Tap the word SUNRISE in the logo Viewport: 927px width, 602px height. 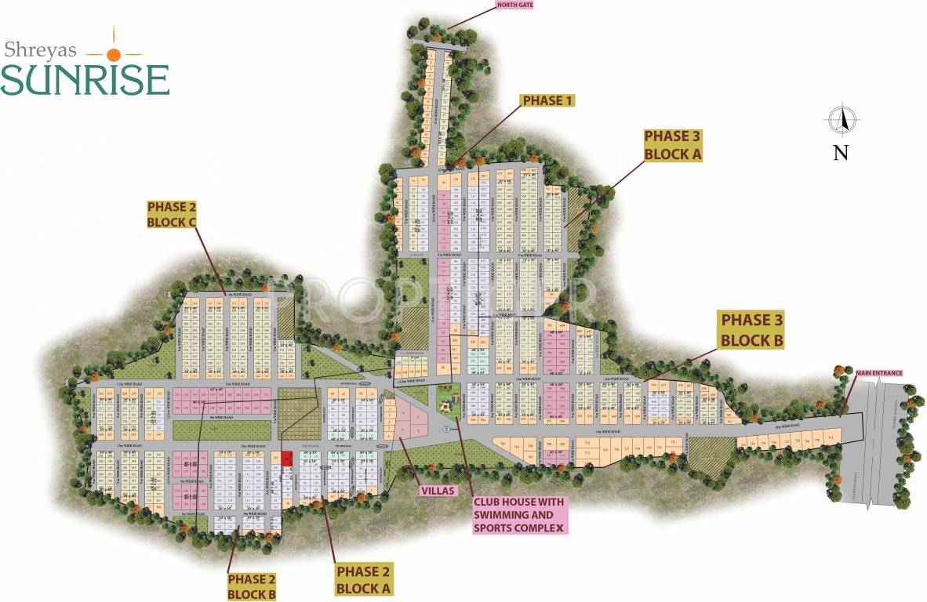(x=85, y=79)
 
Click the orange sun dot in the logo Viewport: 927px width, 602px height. (x=114, y=54)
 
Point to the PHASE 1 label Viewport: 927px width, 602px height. (x=548, y=100)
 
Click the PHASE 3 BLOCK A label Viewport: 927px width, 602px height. (x=672, y=145)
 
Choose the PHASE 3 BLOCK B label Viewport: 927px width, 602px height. (x=751, y=330)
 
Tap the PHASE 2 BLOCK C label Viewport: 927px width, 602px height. (x=171, y=214)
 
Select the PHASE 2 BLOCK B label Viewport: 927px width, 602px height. (x=251, y=586)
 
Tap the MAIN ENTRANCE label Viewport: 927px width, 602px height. (x=878, y=373)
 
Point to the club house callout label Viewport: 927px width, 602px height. (x=518, y=515)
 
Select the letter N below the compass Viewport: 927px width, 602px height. (x=841, y=152)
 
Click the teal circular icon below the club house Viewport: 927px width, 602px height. (x=446, y=429)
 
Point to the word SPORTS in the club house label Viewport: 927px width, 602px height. (x=498, y=528)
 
